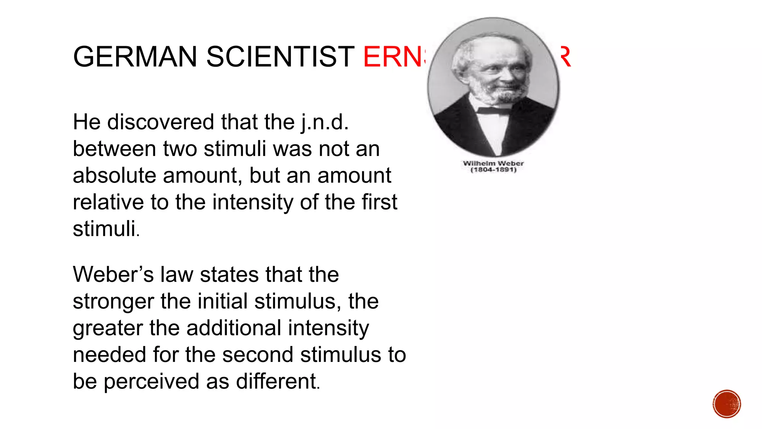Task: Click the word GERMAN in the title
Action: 135,57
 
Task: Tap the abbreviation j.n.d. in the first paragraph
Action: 325,123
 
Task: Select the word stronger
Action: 113,302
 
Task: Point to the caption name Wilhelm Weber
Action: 493,163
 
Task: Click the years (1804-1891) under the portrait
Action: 493,170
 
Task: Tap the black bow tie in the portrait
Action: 493,111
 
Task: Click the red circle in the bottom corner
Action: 727,404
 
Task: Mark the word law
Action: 177,274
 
